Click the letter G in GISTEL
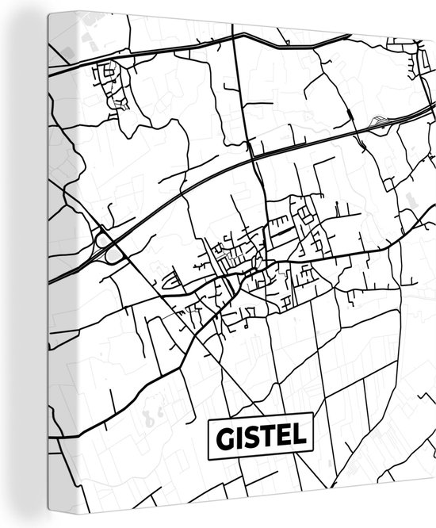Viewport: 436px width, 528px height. tap(222, 438)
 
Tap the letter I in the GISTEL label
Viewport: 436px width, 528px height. tap(239, 438)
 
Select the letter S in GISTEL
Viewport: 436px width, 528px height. tap(253, 438)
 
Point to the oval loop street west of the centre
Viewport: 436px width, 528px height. tap(168, 280)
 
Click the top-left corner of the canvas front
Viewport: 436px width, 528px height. tap(48, 13)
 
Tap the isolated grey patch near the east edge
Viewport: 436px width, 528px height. tap(410, 198)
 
